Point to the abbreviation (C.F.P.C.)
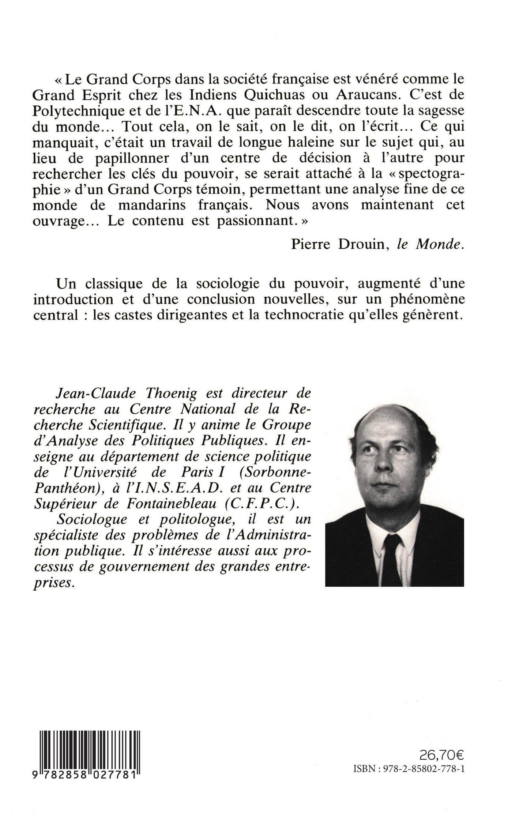pyautogui.click(x=265, y=504)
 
